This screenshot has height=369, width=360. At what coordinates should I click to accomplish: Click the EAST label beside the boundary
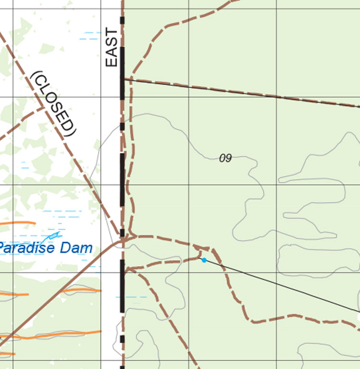click(111, 48)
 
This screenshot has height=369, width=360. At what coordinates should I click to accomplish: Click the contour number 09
click(225, 158)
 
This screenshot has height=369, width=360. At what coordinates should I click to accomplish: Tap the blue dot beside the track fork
click(204, 260)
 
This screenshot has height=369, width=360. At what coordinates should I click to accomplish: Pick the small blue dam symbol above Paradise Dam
click(53, 235)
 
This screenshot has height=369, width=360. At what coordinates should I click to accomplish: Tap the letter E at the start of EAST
click(111, 61)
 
